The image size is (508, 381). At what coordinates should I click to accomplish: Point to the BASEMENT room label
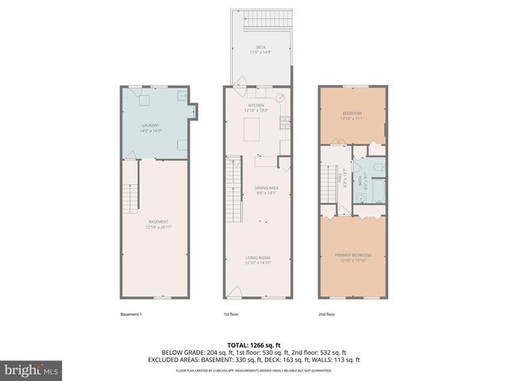click(157, 223)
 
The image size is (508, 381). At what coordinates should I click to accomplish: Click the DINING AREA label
click(266, 189)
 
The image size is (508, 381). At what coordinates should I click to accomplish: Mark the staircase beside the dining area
click(233, 190)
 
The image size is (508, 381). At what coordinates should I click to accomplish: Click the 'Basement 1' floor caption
click(129, 314)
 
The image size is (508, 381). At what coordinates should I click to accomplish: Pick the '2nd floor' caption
click(325, 314)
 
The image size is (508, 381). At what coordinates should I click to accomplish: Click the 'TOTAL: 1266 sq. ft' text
click(254, 344)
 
